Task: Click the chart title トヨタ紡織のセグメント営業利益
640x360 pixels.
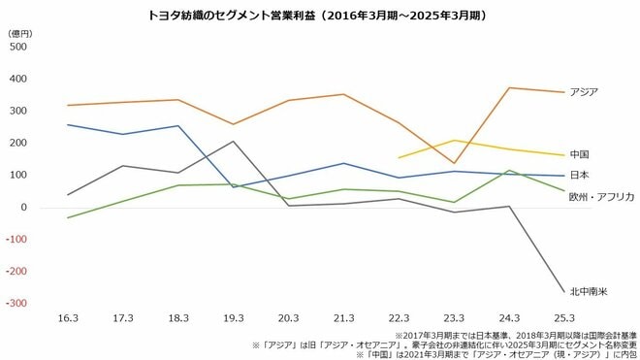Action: [317, 16]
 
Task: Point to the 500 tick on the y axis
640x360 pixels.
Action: [17, 47]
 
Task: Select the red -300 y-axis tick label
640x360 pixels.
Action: [16, 304]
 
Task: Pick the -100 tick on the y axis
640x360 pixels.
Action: [16, 240]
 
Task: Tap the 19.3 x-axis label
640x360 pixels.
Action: [233, 317]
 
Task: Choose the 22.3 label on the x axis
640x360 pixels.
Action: [399, 317]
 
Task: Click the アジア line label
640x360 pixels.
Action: [584, 92]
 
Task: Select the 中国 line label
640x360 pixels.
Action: [579, 154]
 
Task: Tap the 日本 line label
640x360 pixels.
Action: [579, 176]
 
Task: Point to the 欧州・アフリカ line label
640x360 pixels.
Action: [601, 197]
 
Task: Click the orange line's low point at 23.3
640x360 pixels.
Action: [454, 164]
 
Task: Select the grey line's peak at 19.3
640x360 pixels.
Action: [233, 142]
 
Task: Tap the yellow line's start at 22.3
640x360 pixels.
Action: [399, 157]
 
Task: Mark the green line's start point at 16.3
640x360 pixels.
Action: [67, 218]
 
